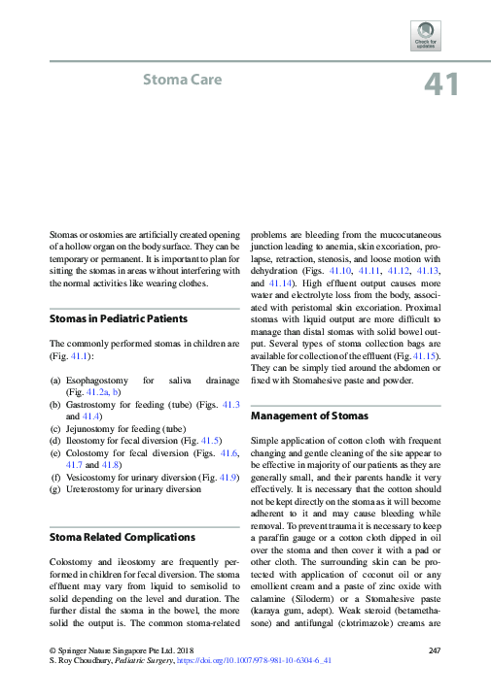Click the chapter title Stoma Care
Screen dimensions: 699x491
183,79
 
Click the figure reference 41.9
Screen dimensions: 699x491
221,477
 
